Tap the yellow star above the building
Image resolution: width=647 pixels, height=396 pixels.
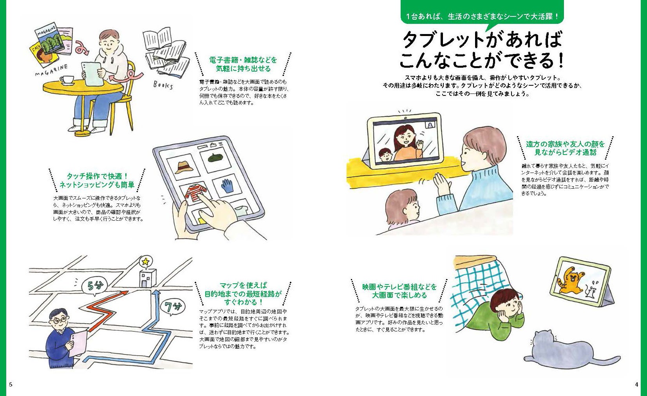click(x=145, y=261)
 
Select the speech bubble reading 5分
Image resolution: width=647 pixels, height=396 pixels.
click(x=94, y=286)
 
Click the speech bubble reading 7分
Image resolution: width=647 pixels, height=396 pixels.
click(x=173, y=306)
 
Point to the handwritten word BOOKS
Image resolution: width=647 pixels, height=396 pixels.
click(x=163, y=85)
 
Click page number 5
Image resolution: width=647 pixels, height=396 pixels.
click(x=11, y=384)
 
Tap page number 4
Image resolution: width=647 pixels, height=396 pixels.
click(x=636, y=384)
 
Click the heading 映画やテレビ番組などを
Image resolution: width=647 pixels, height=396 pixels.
click(x=399, y=287)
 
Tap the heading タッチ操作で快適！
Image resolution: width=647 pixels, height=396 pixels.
click(x=97, y=176)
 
